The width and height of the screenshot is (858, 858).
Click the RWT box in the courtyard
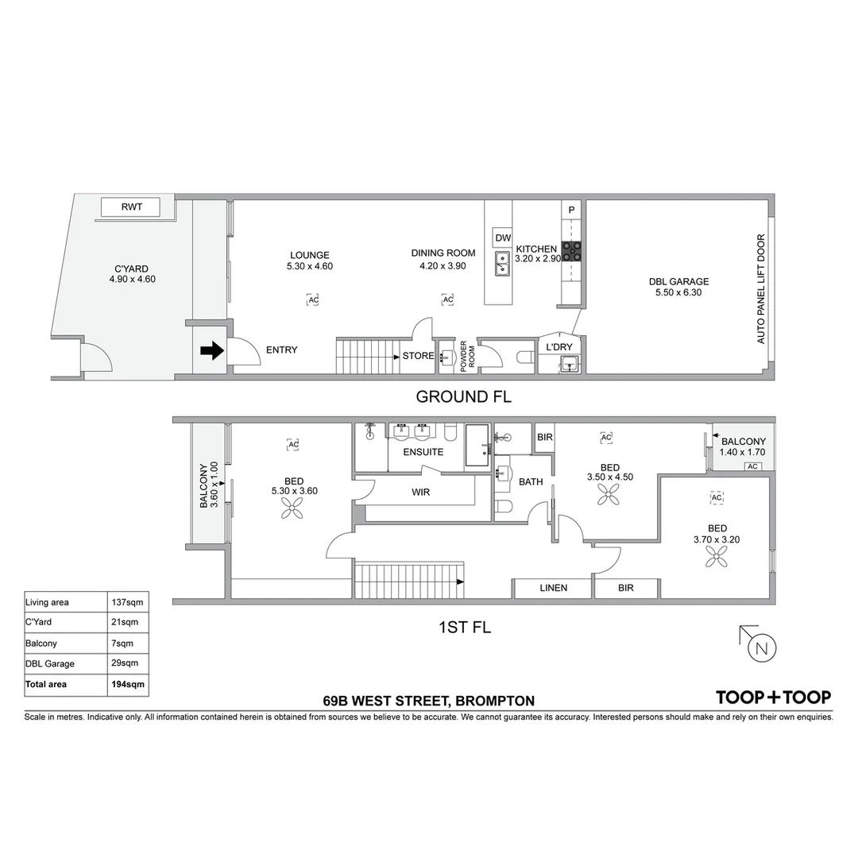pyautogui.click(x=130, y=207)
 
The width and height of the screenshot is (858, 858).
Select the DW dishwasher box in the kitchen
pyautogui.click(x=502, y=238)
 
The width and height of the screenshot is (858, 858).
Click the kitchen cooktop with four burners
pyautogui.click(x=572, y=251)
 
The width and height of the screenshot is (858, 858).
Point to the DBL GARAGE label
pyautogui.click(x=678, y=281)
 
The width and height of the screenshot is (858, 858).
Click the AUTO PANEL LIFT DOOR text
pyautogui.click(x=760, y=288)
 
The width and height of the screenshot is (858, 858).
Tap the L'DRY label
pyautogui.click(x=558, y=347)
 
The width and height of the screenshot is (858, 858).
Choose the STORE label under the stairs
pyautogui.click(x=418, y=356)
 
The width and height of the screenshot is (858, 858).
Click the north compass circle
pyautogui.click(x=762, y=649)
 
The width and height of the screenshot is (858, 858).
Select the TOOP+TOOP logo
pyautogui.click(x=773, y=698)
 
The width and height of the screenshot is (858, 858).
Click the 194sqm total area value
pyautogui.click(x=126, y=684)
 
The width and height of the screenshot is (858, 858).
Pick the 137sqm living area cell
pyautogui.click(x=126, y=602)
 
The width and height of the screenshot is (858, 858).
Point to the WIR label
pyautogui.click(x=420, y=493)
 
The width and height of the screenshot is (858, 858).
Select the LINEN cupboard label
pyautogui.click(x=553, y=588)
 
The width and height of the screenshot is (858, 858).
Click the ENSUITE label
pyautogui.click(x=423, y=452)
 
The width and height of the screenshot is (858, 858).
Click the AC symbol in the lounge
pyautogui.click(x=312, y=300)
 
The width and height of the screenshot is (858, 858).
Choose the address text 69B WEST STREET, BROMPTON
pyautogui.click(x=428, y=701)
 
